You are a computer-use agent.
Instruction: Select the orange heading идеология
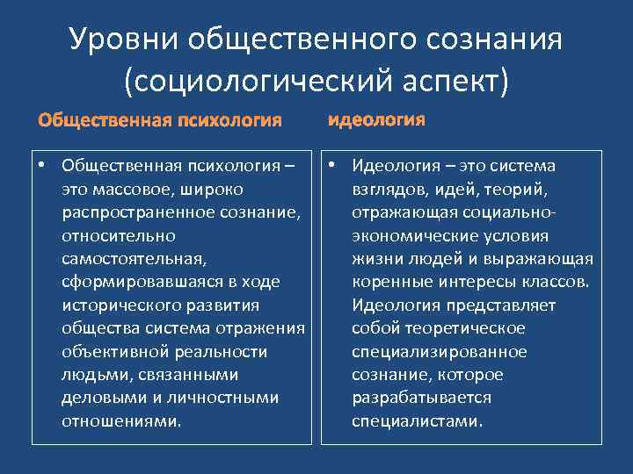(377, 119)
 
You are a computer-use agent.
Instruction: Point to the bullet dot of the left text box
(41, 166)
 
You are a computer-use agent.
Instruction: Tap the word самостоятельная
(130, 258)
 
